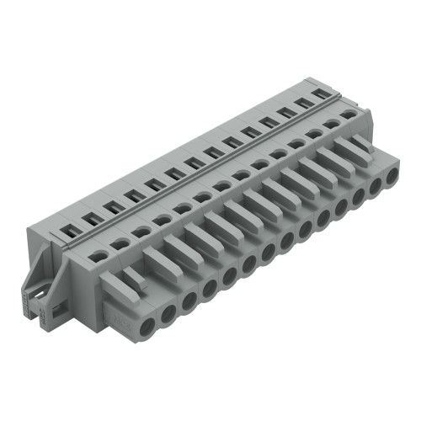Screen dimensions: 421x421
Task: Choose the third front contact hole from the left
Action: (187, 301)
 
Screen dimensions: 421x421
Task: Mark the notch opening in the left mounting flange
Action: (37, 295)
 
